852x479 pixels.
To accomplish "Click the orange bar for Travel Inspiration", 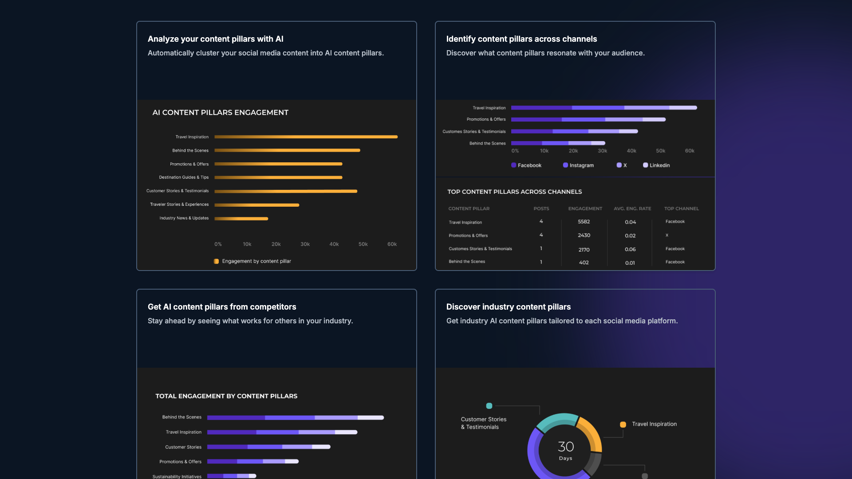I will [x=306, y=137].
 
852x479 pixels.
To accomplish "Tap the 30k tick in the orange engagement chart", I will [x=305, y=244].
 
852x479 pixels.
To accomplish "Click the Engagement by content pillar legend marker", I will [x=216, y=261].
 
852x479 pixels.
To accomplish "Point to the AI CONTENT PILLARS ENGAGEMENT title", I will [x=220, y=113].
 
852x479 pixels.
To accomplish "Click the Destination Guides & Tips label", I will [x=184, y=177].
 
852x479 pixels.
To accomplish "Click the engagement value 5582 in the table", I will [x=584, y=222].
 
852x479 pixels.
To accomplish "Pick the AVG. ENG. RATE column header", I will [x=632, y=208].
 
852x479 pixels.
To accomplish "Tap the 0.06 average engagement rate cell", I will [x=630, y=249].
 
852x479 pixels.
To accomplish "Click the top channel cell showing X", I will [x=667, y=236].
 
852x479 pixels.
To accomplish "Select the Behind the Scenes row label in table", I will [x=466, y=262].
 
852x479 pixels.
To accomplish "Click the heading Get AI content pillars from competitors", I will [x=221, y=307].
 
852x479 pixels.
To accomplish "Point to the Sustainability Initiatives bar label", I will [x=177, y=476].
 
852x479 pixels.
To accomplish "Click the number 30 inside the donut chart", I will [x=565, y=447].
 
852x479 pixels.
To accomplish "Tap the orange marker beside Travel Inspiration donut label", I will [x=623, y=424].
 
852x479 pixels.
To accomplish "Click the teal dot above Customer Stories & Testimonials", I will [x=489, y=406].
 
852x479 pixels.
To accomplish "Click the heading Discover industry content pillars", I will [x=508, y=307].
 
